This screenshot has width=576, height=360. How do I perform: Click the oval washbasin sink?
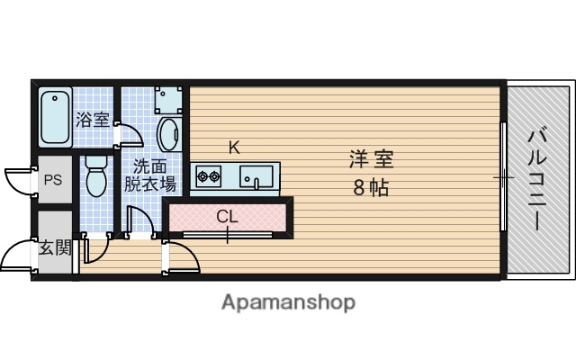167,137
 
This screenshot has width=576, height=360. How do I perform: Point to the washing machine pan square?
167,98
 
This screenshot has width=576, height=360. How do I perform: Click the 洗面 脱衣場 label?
150,175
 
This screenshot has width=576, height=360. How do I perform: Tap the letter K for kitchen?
233,147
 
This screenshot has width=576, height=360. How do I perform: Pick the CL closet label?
228,216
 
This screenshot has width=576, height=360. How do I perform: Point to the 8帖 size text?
371,189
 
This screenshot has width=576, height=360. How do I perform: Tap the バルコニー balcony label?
539,178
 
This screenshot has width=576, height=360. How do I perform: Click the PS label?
53,180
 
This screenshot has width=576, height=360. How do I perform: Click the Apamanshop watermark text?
288,301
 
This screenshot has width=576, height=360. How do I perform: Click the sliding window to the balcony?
503,177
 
